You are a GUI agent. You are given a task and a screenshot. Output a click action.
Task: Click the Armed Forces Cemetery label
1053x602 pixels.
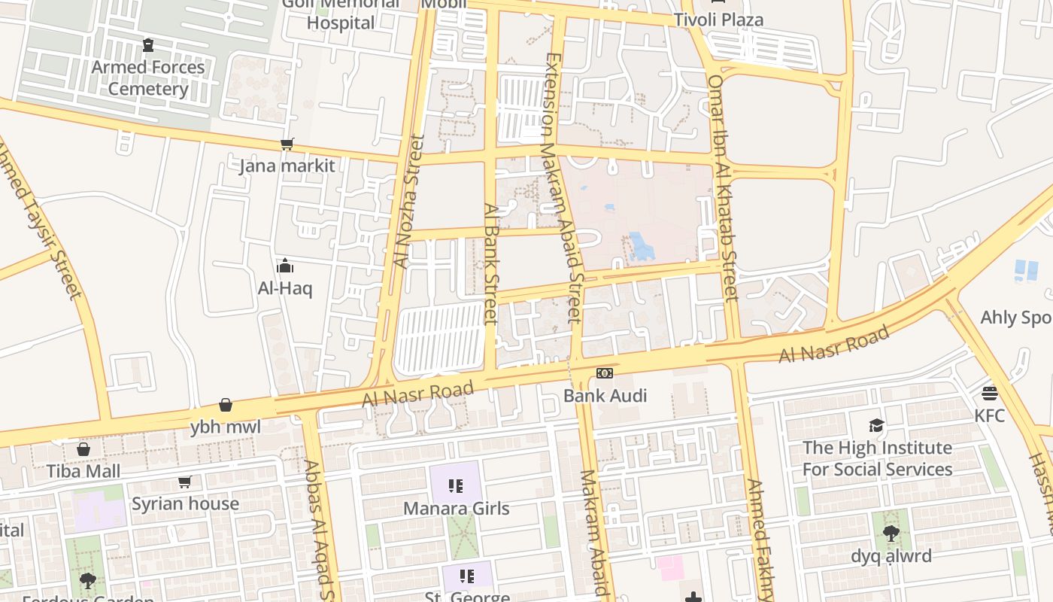click(x=148, y=78)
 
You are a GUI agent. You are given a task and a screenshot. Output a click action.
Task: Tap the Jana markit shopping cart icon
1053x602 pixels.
click(x=287, y=144)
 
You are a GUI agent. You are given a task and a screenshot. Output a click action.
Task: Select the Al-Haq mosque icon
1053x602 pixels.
click(x=285, y=266)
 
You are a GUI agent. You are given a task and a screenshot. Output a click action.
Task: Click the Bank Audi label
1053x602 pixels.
click(x=605, y=396)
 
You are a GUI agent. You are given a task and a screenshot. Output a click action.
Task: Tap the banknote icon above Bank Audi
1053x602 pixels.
click(x=605, y=373)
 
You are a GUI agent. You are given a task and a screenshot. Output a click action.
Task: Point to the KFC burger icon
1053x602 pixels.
click(x=989, y=394)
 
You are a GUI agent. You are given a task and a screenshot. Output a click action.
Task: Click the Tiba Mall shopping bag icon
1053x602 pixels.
click(x=83, y=449)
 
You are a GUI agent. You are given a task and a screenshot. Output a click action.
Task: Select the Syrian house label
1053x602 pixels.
click(x=185, y=503)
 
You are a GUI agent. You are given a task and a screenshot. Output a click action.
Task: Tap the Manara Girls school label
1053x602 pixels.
click(x=456, y=508)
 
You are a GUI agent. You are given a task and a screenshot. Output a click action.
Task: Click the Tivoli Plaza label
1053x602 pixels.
click(x=718, y=20)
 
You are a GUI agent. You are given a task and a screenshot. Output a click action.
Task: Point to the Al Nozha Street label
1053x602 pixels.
click(x=408, y=202)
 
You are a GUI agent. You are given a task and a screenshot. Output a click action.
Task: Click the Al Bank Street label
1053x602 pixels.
click(x=491, y=263)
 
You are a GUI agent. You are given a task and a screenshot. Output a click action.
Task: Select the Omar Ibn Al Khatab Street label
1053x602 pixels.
click(x=723, y=188)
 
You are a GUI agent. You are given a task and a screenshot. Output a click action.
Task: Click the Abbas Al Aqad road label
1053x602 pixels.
click(x=319, y=527)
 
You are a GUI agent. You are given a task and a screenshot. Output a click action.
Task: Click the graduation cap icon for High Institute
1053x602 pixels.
click(x=876, y=426)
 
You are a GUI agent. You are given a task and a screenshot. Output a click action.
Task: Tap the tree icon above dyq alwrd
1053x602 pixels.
click(x=891, y=534)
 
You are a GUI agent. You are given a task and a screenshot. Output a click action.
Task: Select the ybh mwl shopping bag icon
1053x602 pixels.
click(x=226, y=406)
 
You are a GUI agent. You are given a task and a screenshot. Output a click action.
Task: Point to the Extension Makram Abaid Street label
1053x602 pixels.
click(x=563, y=188)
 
